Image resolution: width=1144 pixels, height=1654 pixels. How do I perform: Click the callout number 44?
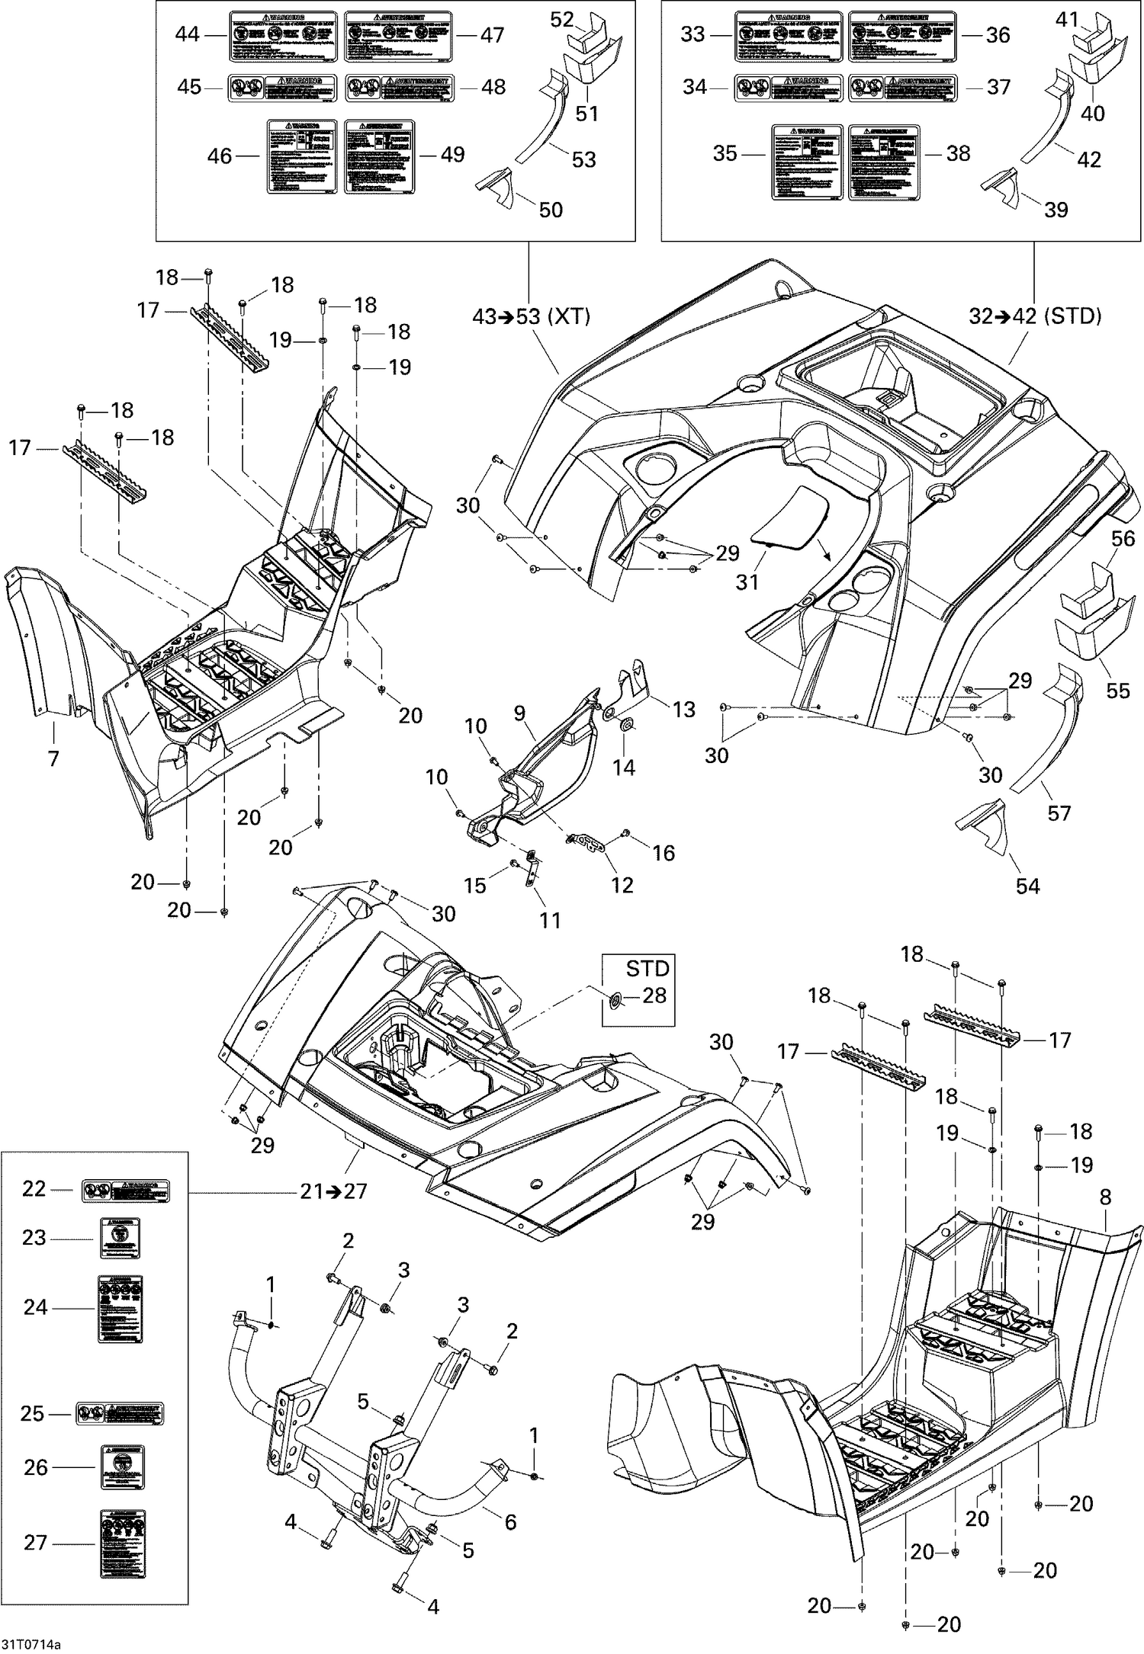[187, 34]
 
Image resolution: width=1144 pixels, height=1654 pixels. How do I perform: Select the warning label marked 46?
[301, 155]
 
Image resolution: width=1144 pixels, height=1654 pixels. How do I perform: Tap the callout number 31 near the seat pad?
[747, 582]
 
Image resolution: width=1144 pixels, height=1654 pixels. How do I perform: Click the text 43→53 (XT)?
[532, 317]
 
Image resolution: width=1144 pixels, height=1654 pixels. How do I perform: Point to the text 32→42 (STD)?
[1035, 317]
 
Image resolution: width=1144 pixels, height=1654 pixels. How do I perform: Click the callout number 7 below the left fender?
[53, 758]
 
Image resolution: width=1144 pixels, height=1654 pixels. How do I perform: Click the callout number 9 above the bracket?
[519, 713]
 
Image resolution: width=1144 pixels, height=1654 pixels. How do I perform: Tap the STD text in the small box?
[648, 969]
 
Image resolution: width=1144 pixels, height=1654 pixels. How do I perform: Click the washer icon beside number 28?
[616, 998]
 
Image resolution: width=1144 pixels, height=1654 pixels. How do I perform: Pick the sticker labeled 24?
[121, 1309]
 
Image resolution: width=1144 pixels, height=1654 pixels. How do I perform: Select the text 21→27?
[333, 1191]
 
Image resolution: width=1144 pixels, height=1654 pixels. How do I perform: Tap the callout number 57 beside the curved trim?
[1059, 813]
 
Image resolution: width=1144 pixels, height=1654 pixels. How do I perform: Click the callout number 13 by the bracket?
[683, 709]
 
